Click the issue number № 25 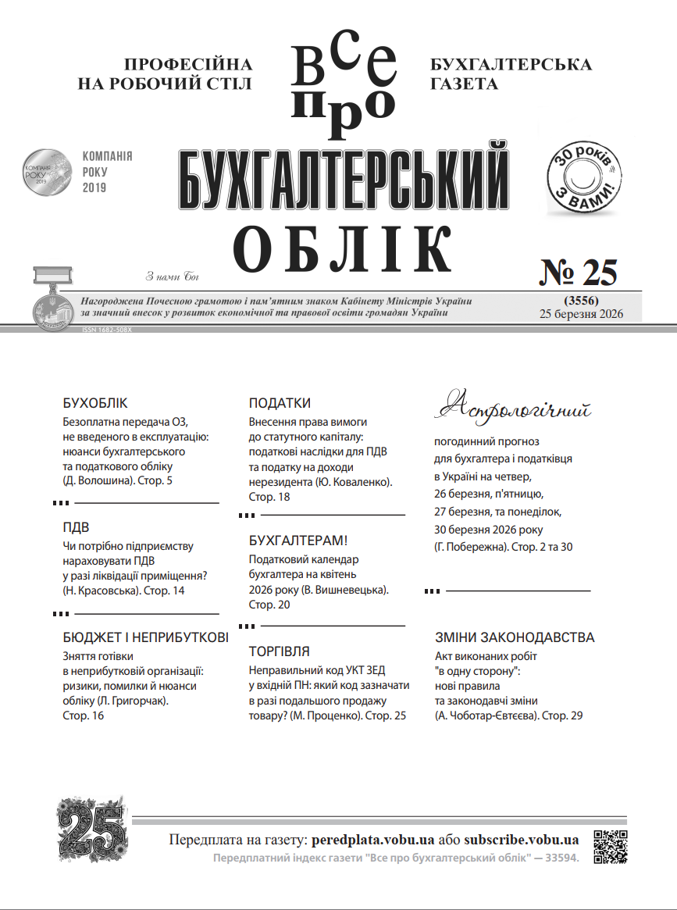[x=579, y=273]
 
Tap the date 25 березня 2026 [x=580, y=314]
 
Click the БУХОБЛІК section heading [x=94, y=404]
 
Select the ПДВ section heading [x=76, y=528]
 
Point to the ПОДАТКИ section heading [x=280, y=404]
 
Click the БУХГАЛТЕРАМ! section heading [x=298, y=541]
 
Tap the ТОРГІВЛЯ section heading [x=279, y=651]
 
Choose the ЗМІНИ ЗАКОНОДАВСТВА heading [x=515, y=637]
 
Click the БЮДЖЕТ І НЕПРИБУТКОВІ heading [x=145, y=637]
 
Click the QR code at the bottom [x=611, y=847]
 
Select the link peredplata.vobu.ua [x=372, y=840]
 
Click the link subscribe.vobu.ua [x=521, y=840]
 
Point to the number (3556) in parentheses [x=580, y=300]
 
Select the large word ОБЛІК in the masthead [x=344, y=248]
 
